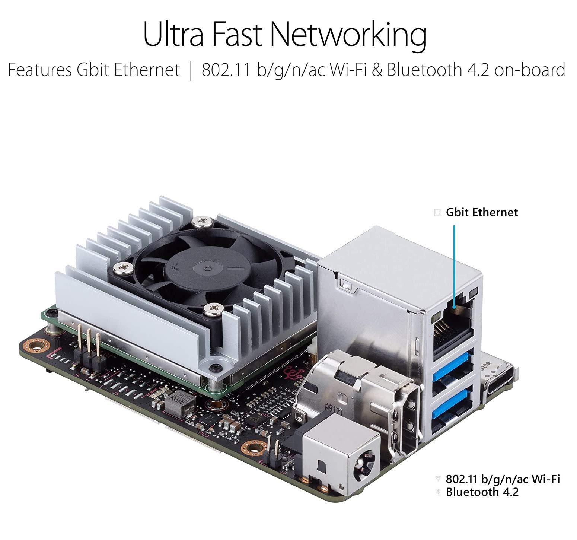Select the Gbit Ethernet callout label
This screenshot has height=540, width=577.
click(482, 212)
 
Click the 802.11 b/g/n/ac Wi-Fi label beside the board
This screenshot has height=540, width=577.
click(503, 479)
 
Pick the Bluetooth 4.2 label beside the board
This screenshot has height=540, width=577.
click(482, 492)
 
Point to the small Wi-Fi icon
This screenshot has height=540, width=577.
click(438, 479)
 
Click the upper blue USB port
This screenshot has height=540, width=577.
click(453, 367)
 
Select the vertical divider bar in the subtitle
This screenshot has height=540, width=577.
click(191, 71)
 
